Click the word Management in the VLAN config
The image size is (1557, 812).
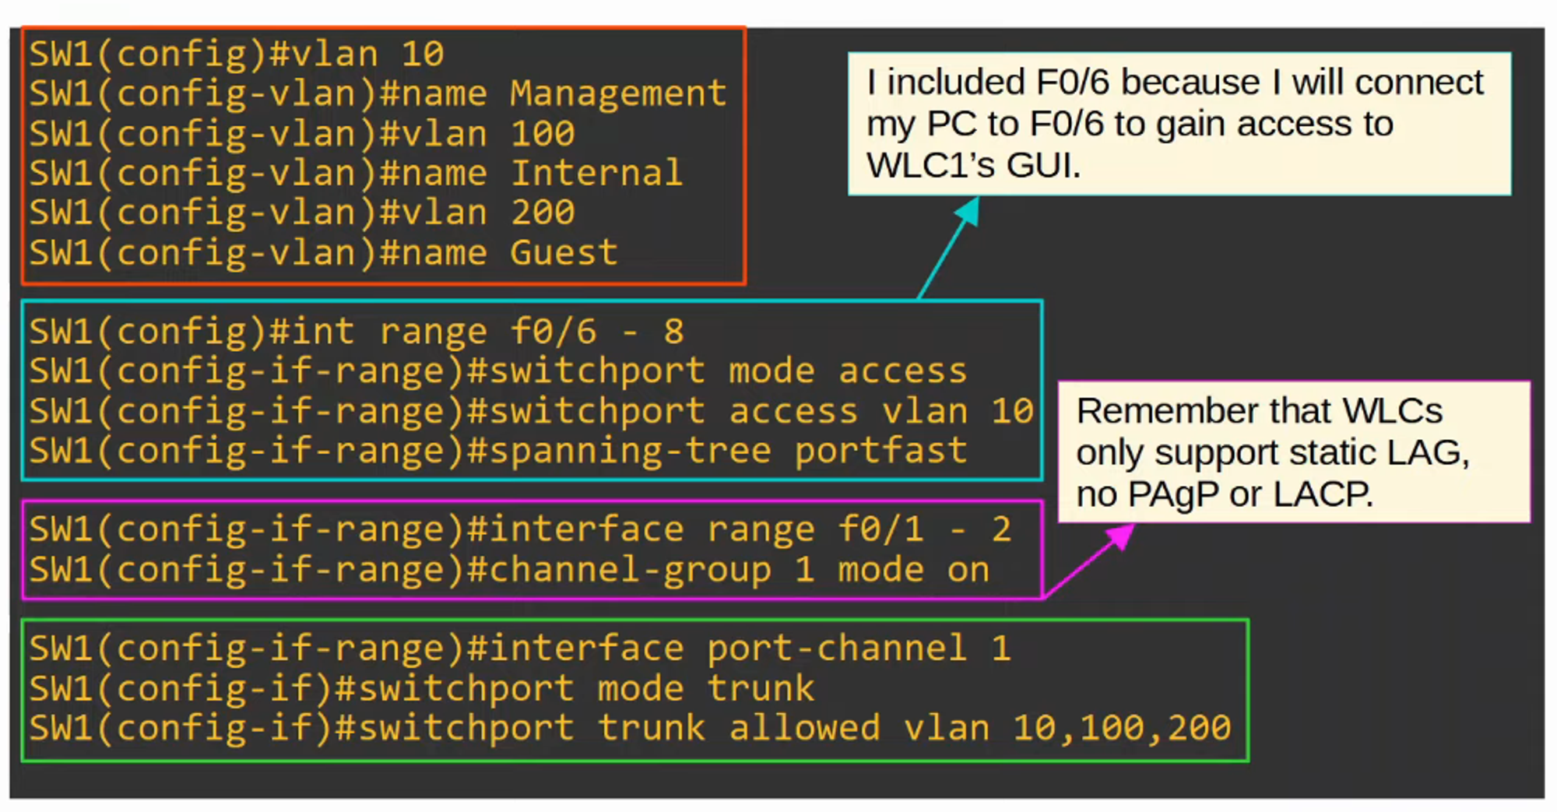(618, 94)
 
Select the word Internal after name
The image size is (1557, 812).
(596, 174)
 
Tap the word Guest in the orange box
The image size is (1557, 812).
(564, 253)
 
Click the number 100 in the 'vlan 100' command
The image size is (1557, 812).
(543, 134)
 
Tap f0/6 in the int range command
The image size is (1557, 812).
(554, 332)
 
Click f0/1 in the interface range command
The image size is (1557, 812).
(880, 530)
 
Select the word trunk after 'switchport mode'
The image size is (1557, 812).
(761, 689)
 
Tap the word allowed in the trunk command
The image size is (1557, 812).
(804, 729)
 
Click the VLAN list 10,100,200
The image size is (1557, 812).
(1122, 729)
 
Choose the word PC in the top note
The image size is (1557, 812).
(947, 124)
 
